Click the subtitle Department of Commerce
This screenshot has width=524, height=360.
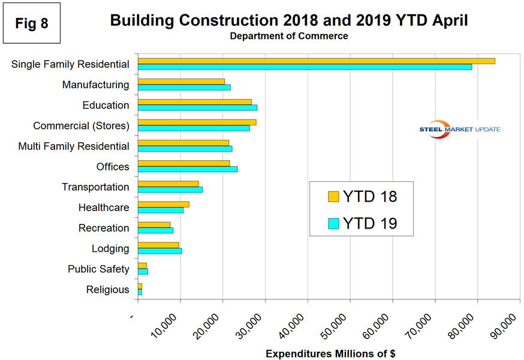(x=288, y=36)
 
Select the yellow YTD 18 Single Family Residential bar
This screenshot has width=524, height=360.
(x=316, y=61)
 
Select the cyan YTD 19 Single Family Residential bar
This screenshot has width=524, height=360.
(x=305, y=67)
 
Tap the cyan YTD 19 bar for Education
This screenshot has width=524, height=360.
(x=197, y=107)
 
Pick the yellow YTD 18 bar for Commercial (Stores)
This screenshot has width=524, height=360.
(x=197, y=122)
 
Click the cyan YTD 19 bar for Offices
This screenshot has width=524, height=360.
(x=188, y=169)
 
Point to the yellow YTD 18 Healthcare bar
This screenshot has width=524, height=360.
(x=163, y=204)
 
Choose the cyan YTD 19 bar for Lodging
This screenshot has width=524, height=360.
(x=159, y=251)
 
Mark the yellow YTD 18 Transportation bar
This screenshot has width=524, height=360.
(x=168, y=184)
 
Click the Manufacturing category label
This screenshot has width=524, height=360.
(x=95, y=85)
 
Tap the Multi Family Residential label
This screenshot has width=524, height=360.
(x=74, y=146)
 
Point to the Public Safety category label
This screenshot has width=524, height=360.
(x=98, y=269)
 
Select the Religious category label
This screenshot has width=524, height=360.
(x=108, y=289)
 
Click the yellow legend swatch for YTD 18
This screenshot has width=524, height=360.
(x=333, y=196)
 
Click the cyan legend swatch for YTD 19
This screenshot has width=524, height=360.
(x=333, y=223)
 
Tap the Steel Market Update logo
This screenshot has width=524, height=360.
(x=460, y=130)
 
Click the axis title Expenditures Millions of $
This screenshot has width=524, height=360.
(x=330, y=353)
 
